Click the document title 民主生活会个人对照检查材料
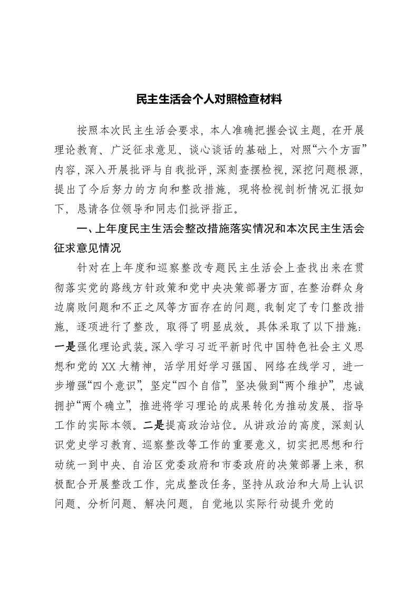pyautogui.click(x=209, y=98)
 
